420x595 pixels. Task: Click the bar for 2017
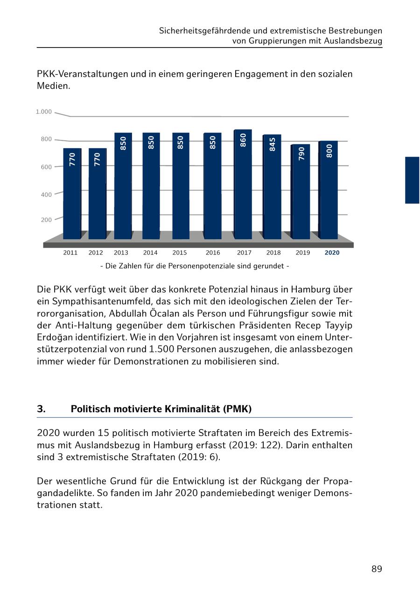click(243, 187)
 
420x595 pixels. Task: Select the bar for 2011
click(72, 196)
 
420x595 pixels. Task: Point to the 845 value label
click(273, 145)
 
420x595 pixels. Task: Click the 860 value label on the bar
click(243, 140)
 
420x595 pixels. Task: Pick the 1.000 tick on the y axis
click(44, 112)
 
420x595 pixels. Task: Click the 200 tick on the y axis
click(46, 220)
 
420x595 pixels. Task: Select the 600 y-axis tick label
click(46, 167)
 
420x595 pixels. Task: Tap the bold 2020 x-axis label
click(332, 253)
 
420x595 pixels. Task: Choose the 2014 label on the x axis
click(150, 253)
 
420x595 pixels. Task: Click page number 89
click(377, 569)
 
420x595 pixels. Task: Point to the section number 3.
click(41, 409)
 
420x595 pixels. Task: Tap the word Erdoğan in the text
click(54, 337)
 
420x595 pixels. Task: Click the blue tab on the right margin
click(412, 180)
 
